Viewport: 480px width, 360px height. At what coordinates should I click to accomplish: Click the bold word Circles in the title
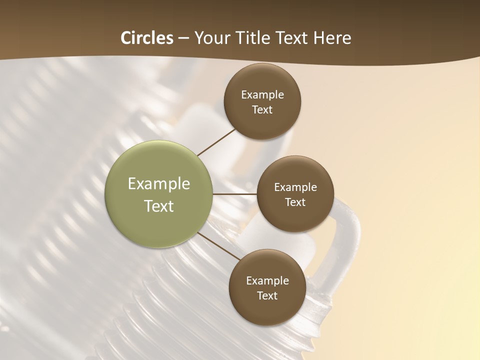(x=146, y=38)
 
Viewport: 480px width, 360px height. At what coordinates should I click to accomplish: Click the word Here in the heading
(x=332, y=38)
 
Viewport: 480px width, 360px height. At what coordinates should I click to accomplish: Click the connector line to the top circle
(x=216, y=141)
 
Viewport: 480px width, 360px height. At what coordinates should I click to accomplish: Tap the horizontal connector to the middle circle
(x=235, y=194)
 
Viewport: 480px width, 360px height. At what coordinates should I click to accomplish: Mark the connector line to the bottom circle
(x=219, y=246)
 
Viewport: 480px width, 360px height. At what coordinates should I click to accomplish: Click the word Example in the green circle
(x=159, y=184)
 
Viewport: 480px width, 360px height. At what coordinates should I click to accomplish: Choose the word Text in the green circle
(x=159, y=206)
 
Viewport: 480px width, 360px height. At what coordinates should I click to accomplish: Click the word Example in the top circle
(x=262, y=94)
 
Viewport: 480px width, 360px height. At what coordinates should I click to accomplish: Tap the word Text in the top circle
(x=262, y=109)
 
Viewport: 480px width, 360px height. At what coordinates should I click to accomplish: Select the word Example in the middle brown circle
(x=295, y=187)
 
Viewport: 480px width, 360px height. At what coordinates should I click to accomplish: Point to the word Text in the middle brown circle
(x=295, y=202)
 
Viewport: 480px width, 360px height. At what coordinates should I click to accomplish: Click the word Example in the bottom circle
(x=267, y=280)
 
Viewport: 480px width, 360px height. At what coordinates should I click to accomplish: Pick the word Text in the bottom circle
(x=267, y=295)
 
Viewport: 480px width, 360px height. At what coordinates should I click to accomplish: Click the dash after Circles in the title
(x=183, y=38)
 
